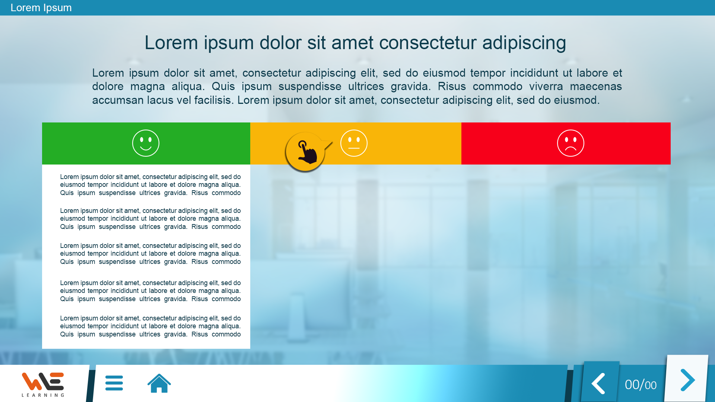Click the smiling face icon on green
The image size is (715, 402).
[x=146, y=143]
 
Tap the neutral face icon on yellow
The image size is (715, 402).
[x=354, y=143]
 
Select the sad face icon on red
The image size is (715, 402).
[x=571, y=143]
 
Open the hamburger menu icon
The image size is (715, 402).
[x=114, y=383]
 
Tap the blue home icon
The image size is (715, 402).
[x=159, y=383]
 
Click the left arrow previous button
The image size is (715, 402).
[x=598, y=383]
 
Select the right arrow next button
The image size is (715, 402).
[x=687, y=380]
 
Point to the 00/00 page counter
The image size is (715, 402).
[x=641, y=385]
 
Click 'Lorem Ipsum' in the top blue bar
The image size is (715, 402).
[x=41, y=8]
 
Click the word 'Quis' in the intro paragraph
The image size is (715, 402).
[x=223, y=86]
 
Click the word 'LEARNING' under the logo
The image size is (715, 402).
[x=43, y=395]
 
